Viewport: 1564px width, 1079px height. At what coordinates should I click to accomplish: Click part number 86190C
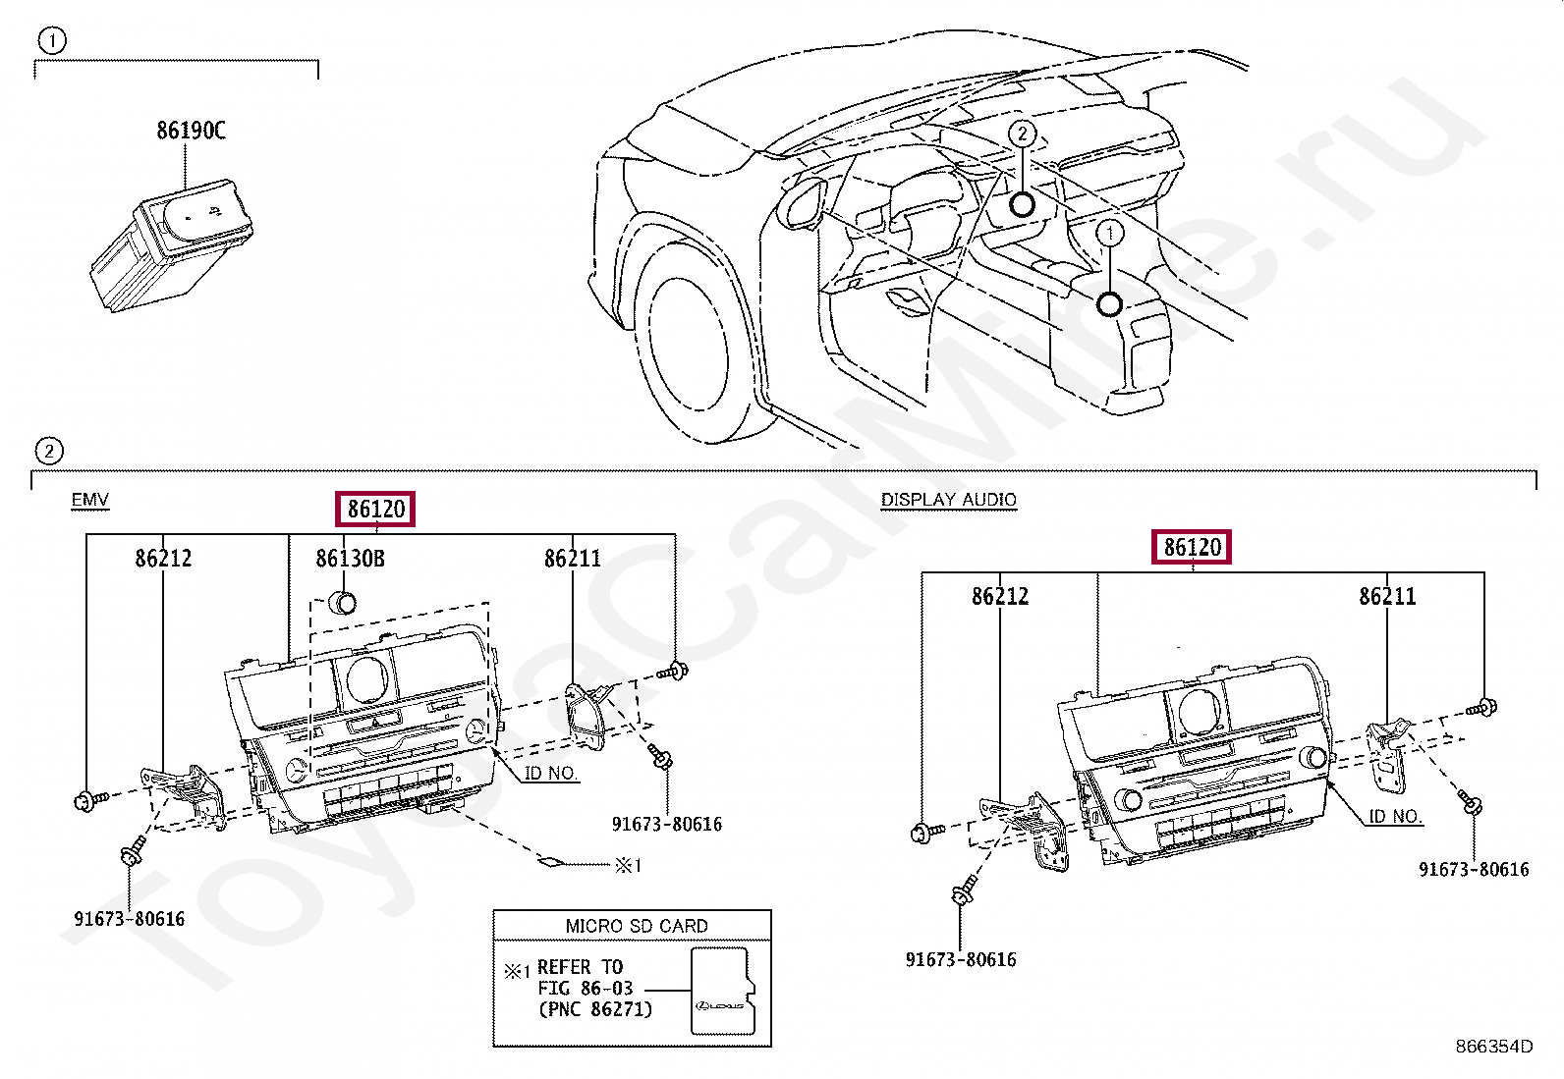(191, 131)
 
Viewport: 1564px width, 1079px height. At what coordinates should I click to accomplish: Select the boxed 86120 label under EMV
(375, 509)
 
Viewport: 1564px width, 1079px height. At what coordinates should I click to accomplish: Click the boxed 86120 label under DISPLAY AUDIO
(1192, 547)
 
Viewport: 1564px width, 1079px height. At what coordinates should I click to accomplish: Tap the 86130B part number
(350, 559)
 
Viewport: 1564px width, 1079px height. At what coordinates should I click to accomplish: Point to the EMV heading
(89, 500)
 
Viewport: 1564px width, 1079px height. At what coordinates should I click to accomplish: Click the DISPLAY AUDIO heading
(948, 500)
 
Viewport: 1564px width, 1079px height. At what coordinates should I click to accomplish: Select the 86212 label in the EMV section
(163, 559)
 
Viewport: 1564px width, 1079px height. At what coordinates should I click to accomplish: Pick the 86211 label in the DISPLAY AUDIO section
(1387, 596)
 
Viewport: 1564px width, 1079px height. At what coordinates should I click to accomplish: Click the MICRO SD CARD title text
(636, 926)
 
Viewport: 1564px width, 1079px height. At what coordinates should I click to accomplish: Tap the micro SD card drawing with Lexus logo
(721, 991)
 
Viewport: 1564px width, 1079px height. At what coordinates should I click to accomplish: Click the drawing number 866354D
(1493, 1047)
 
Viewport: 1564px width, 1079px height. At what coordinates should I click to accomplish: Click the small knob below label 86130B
(343, 602)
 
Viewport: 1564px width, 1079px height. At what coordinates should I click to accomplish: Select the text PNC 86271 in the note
(595, 1009)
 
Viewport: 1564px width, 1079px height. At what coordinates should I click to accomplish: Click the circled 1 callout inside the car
(1109, 234)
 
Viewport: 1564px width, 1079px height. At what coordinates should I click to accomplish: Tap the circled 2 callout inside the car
(1023, 134)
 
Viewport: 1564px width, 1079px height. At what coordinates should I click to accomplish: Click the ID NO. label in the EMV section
(550, 773)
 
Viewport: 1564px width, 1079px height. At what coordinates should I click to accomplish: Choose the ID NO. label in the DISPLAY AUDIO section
(1395, 816)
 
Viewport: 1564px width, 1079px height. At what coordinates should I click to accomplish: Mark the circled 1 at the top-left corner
(51, 41)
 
